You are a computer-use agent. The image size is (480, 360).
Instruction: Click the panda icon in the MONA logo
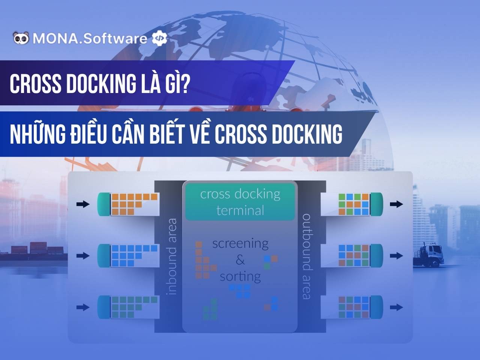point(21,38)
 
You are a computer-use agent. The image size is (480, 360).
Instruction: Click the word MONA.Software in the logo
point(90,39)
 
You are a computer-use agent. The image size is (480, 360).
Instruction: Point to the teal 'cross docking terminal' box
point(240,201)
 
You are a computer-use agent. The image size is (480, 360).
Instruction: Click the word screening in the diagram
point(240,244)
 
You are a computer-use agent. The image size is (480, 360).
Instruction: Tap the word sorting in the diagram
point(240,277)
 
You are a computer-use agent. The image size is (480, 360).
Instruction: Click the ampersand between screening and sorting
point(240,260)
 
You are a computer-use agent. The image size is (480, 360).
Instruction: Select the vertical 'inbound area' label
point(172,257)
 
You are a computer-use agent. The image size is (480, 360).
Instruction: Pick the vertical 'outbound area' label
point(306,257)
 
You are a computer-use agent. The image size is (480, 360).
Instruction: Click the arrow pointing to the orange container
point(83,204)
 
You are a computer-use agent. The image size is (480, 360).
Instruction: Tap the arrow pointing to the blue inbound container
point(83,256)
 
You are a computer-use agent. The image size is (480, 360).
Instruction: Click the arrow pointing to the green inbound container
point(83,307)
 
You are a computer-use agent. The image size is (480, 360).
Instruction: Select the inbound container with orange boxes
point(127,204)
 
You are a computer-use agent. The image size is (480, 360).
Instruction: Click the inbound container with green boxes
point(127,307)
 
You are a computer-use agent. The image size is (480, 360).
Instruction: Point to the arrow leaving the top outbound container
point(396,204)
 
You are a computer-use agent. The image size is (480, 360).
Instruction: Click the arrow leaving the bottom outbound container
point(396,307)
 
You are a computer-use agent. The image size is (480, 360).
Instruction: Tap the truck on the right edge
point(430,255)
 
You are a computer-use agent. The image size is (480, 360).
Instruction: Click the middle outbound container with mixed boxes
point(352,256)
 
